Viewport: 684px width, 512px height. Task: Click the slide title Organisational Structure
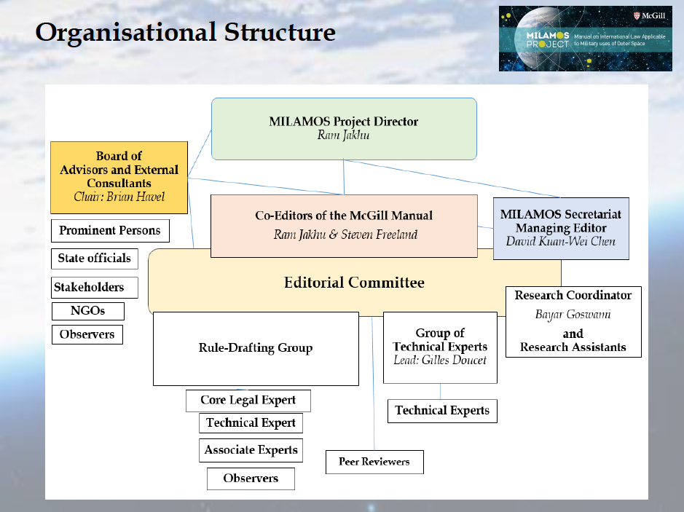tap(185, 33)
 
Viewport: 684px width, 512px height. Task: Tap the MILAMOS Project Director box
tap(344, 129)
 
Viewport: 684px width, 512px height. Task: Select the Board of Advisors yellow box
tap(119, 176)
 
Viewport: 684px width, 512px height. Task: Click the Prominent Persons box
tap(110, 231)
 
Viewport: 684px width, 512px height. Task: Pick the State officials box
tap(95, 259)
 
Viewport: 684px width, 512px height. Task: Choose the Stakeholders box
tap(89, 287)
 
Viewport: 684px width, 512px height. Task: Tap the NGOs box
tap(87, 311)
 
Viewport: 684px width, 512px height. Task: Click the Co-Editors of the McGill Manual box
tap(344, 225)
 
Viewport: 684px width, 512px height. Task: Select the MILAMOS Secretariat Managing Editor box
tap(561, 228)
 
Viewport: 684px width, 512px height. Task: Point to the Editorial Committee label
tap(354, 283)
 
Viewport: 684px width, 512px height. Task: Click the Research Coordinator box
tap(573, 321)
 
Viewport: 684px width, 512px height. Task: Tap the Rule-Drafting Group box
tap(256, 348)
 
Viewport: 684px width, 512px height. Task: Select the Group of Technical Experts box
tap(440, 347)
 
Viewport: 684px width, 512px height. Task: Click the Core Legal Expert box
tap(248, 401)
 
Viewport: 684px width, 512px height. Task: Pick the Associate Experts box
tap(251, 450)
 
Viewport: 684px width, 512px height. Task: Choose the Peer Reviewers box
tap(374, 462)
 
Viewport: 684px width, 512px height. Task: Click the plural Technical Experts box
tap(442, 411)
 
